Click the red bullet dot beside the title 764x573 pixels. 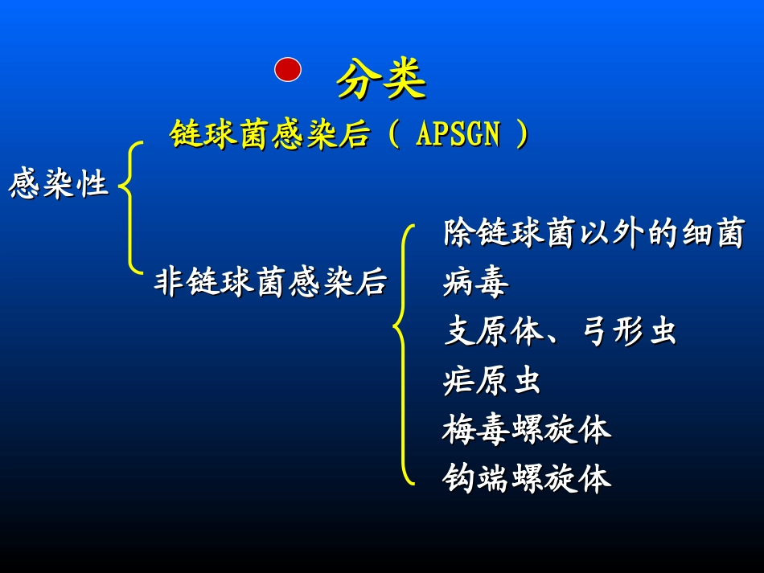pyautogui.click(x=288, y=70)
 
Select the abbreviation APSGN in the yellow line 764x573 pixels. pyautogui.click(x=458, y=134)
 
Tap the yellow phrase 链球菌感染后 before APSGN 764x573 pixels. pyautogui.click(x=269, y=134)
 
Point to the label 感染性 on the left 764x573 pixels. pyautogui.click(x=58, y=185)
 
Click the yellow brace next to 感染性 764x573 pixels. pyautogui.click(x=129, y=207)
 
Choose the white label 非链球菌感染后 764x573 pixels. pyautogui.click(x=270, y=282)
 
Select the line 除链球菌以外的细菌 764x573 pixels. pyautogui.click(x=593, y=234)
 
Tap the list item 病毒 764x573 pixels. pyautogui.click(x=475, y=282)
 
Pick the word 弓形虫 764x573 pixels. pyautogui.click(x=629, y=332)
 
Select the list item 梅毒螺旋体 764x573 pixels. pyautogui.click(x=526, y=430)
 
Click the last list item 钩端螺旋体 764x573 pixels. pyautogui.click(x=526, y=479)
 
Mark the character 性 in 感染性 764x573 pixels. pyautogui.click(x=92, y=185)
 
